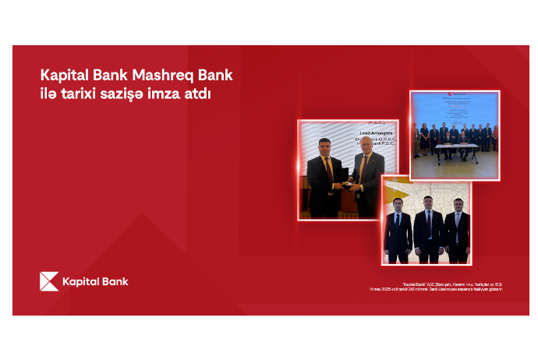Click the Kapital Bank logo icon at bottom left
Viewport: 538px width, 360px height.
pyautogui.click(x=49, y=281)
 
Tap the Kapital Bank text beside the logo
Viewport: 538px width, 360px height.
pyautogui.click(x=96, y=281)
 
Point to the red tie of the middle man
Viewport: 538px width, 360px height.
pyautogui.click(x=428, y=224)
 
